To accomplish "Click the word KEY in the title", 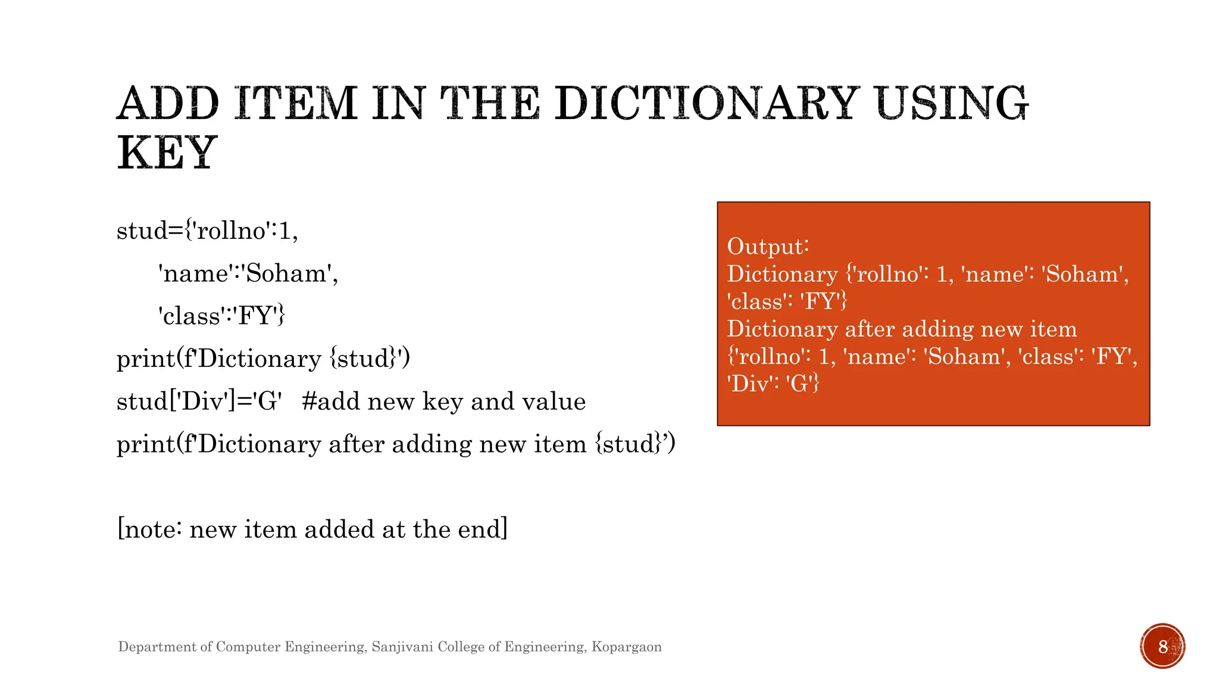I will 167,152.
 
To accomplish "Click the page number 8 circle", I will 1162,646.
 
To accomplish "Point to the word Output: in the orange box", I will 768,247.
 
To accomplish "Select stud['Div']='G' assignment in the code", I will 199,401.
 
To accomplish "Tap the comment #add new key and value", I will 443,401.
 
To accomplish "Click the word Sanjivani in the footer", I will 402,647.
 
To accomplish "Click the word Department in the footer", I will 158,647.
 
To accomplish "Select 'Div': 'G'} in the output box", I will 773,383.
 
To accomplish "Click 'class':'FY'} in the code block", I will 222,316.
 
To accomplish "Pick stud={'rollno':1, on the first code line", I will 207,230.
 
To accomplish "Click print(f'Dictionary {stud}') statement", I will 263,358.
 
